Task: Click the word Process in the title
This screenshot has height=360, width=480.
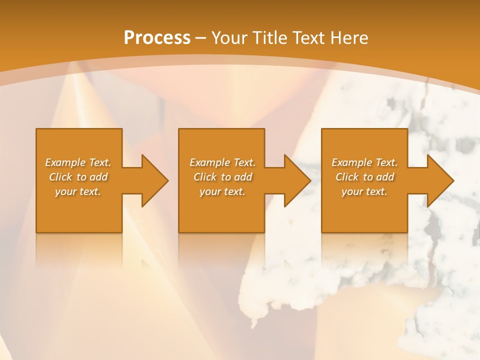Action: click(157, 38)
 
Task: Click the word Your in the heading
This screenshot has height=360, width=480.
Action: click(229, 38)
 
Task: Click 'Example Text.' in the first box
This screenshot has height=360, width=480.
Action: click(78, 162)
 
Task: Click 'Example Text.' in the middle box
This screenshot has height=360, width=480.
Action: click(222, 162)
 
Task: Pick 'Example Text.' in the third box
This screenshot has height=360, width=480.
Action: click(364, 162)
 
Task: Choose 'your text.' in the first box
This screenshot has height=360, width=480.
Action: click(78, 191)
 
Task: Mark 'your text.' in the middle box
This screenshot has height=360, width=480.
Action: click(222, 191)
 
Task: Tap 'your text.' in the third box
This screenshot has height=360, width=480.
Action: click(364, 191)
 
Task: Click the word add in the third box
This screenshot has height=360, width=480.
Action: click(384, 177)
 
